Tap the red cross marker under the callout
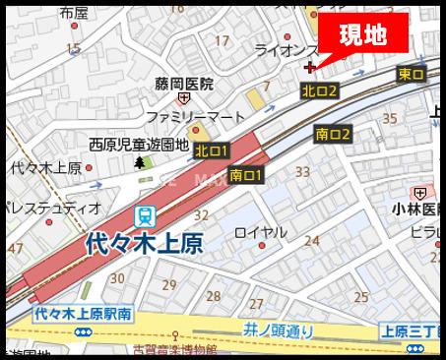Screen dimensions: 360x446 (x=311, y=68)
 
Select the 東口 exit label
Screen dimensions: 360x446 (x=412, y=75)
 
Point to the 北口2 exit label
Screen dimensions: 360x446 (x=320, y=90)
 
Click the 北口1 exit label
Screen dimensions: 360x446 (x=212, y=150)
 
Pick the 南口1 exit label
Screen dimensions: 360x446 (x=245, y=175)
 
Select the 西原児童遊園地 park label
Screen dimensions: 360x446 (x=139, y=144)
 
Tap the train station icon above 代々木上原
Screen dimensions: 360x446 (x=145, y=214)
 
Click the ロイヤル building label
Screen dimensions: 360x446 (x=261, y=232)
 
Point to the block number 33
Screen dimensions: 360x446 (x=302, y=173)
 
